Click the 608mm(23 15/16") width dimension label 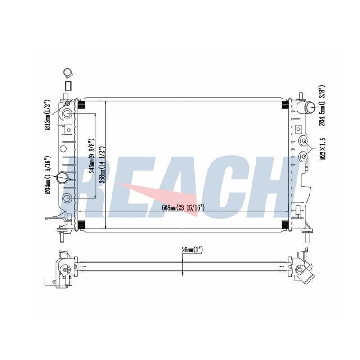point(183,208)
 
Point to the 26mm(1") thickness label point(192,250)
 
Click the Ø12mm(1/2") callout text point(48,115)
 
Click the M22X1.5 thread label point(323,149)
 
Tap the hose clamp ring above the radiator point(68,73)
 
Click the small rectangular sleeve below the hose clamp point(68,85)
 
